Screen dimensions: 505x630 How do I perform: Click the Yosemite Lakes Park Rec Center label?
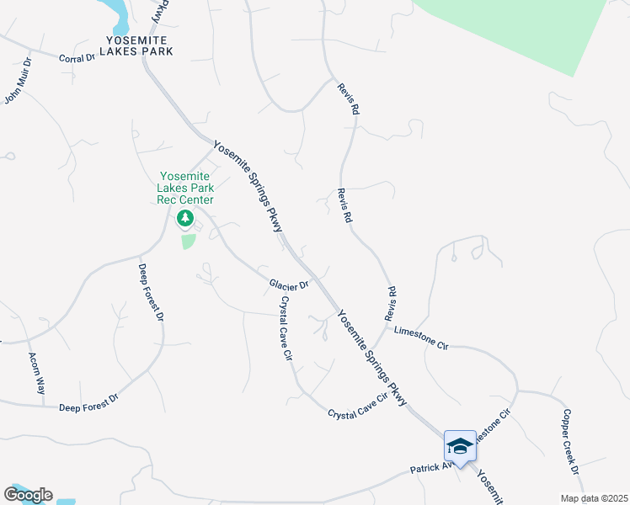click(185, 188)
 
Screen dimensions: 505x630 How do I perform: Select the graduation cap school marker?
click(460, 445)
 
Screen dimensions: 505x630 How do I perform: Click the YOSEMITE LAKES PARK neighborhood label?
click(141, 45)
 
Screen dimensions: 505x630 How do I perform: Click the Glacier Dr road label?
click(289, 284)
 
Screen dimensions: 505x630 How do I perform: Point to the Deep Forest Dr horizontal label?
click(89, 407)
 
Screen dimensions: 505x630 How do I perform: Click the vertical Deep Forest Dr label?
click(150, 293)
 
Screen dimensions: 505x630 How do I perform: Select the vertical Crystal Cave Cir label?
click(286, 328)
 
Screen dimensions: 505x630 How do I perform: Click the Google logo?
click(28, 494)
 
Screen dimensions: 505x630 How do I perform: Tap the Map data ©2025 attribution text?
click(594, 498)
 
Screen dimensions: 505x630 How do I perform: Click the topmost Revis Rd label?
click(349, 99)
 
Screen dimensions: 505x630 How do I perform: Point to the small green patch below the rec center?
click(187, 242)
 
